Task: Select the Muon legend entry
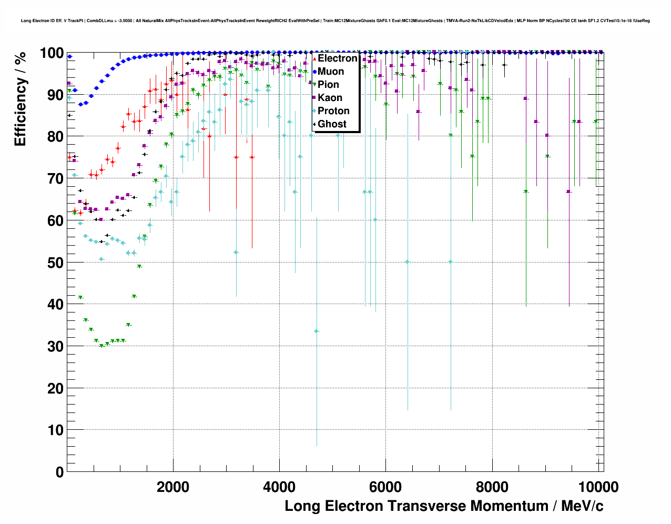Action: point(330,72)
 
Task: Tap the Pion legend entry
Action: point(328,85)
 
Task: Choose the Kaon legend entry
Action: point(330,98)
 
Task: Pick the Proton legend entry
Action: point(333,111)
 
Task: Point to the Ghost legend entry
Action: point(332,124)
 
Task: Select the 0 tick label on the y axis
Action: point(59,472)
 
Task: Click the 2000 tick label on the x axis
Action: point(173,487)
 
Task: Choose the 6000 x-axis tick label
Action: point(385,487)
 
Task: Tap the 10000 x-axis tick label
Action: point(598,487)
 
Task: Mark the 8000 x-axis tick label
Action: point(492,487)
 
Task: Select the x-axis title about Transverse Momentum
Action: point(444,506)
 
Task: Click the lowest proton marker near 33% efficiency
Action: point(317,331)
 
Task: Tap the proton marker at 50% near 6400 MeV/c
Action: point(407,262)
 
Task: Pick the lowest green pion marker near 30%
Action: point(101,346)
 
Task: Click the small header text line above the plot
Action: point(335,21)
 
